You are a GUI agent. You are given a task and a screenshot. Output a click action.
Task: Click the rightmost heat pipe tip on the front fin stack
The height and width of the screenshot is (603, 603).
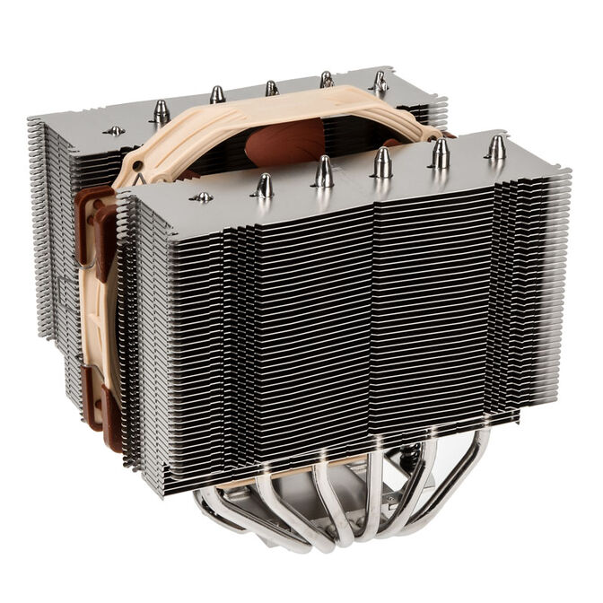pos(496,148)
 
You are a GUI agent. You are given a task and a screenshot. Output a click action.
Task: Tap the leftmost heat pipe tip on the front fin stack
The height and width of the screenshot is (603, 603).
pos(264,186)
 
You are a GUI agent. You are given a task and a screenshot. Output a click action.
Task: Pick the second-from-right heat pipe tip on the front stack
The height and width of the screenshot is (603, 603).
pos(440,153)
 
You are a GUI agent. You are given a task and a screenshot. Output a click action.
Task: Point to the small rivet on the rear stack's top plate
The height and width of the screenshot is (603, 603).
pos(114,131)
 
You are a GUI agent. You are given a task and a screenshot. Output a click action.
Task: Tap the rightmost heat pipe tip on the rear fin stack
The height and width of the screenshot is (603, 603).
pos(380,82)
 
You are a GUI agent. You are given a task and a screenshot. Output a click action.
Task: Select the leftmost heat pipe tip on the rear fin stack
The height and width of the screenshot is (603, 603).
pos(162,111)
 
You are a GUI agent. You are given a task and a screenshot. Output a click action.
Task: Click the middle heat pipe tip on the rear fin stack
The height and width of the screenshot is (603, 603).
pos(271,88)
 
